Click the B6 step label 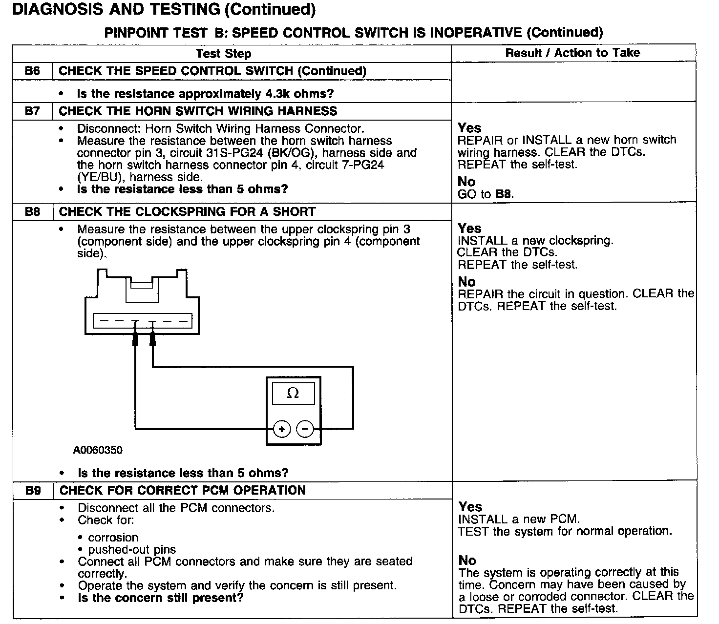tap(32, 71)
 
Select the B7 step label tap(32, 111)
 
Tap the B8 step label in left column tap(32, 212)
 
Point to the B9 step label tap(33, 491)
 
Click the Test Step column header tap(223, 54)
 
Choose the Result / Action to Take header tap(572, 53)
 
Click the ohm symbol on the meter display tap(293, 393)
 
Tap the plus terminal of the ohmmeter tap(282, 429)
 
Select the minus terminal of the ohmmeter tap(305, 429)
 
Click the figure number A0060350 tap(98, 450)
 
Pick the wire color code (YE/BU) tap(99, 177)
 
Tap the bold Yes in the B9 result tap(470, 507)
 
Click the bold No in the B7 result tap(466, 182)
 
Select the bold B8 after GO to tap(504, 194)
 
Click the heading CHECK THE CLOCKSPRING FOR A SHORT tap(187, 212)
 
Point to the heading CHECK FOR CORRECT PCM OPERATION tap(182, 491)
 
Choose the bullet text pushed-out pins tap(132, 550)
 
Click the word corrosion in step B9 tap(113, 538)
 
